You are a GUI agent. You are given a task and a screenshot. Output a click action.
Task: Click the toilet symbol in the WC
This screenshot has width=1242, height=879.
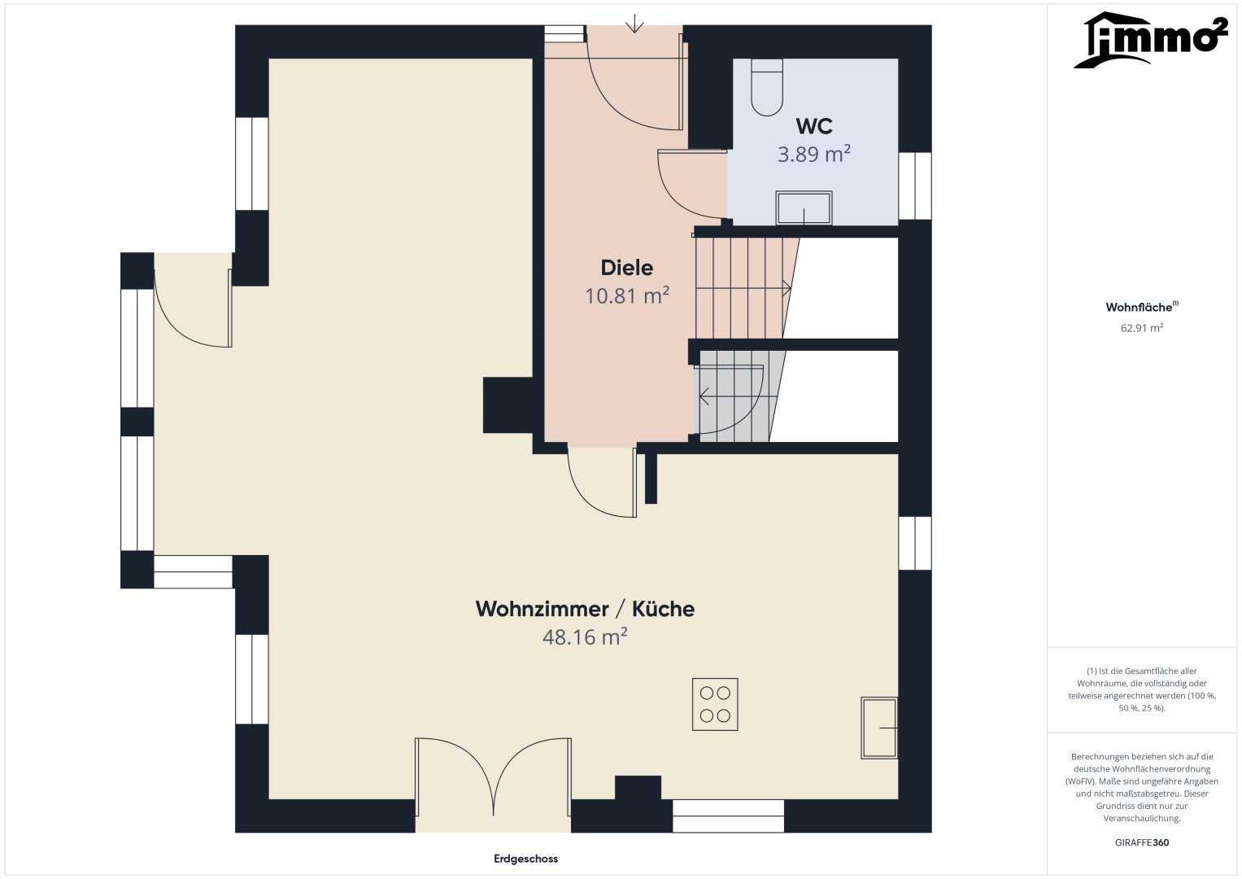(767, 88)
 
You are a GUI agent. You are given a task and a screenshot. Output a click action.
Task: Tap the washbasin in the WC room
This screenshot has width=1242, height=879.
(804, 208)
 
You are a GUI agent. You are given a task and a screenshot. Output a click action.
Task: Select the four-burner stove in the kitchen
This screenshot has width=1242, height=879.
(715, 704)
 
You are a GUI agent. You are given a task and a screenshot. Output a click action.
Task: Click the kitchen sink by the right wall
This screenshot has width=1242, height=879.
(878, 728)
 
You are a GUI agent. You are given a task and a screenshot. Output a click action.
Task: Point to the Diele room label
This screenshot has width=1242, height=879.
(627, 268)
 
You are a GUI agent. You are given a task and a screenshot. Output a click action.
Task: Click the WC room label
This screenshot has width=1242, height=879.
(814, 126)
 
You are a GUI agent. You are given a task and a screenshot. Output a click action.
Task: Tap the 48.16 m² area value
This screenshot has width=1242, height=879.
(585, 637)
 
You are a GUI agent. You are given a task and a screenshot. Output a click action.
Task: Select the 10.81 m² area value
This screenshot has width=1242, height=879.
(627, 295)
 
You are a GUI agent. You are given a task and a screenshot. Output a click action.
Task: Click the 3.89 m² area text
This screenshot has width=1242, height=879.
(814, 154)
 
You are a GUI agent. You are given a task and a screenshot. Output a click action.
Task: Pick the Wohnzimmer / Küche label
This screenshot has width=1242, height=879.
(585, 610)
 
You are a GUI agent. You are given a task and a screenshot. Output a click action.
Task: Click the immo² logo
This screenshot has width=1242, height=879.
(1150, 40)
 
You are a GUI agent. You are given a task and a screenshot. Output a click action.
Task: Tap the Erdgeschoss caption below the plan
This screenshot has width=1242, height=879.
(525, 859)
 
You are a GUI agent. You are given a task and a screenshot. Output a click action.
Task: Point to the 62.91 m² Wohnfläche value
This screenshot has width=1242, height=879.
(1142, 328)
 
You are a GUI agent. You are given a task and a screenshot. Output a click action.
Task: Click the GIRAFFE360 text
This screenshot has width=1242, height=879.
(1142, 842)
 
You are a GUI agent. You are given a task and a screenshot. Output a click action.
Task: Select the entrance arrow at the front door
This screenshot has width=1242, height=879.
(634, 24)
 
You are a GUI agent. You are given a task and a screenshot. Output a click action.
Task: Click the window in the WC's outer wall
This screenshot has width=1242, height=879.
(915, 186)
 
